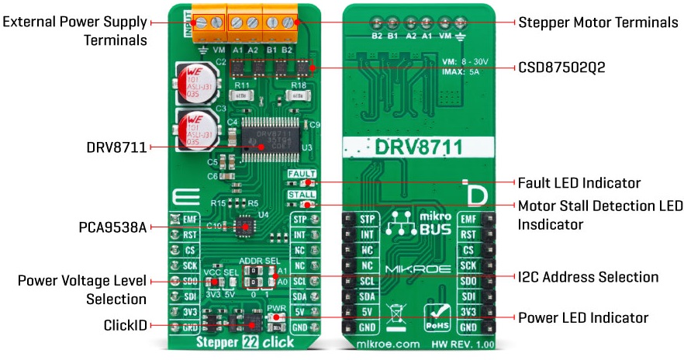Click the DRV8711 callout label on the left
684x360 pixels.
116,146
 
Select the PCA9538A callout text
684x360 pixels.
112,228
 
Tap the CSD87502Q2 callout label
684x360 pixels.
561,67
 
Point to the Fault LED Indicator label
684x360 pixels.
579,183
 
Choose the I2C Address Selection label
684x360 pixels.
588,276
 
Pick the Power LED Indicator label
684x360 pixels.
582,317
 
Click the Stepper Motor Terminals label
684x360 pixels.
597,22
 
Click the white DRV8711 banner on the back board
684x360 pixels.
418,147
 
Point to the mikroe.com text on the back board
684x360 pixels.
386,341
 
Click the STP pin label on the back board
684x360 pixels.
367,220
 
